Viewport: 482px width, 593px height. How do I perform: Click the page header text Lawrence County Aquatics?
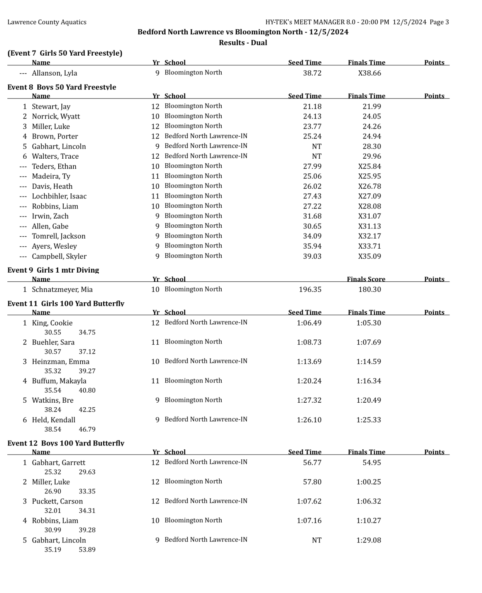[47, 22]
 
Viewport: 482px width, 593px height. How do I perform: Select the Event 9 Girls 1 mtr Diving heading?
[53, 270]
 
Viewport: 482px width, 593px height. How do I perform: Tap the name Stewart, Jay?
[51, 107]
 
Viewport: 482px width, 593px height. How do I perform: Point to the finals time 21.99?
[372, 107]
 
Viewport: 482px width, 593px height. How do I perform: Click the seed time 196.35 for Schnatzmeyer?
[310, 290]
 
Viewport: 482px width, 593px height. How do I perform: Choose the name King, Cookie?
[52, 323]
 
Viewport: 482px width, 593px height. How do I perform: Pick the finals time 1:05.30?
[368, 323]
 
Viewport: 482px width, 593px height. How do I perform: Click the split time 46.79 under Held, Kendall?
[87, 429]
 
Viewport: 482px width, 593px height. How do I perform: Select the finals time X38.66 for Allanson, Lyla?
[369, 73]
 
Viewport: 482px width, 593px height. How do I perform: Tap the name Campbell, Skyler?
[59, 256]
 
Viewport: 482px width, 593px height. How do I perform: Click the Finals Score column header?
[366, 279]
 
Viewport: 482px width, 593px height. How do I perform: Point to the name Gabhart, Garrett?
[59, 463]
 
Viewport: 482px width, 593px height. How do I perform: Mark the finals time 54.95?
[372, 463]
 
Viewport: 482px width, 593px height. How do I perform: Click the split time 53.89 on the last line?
[87, 550]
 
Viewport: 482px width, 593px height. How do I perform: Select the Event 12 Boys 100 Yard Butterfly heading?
[66, 443]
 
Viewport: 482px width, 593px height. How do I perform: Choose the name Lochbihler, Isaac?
[59, 196]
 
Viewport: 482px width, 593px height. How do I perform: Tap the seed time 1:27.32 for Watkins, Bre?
[309, 400]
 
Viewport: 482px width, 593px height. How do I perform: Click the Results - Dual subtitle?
[243, 43]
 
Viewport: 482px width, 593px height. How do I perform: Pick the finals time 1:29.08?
[368, 540]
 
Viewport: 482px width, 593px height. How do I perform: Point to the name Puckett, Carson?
[57, 502]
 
